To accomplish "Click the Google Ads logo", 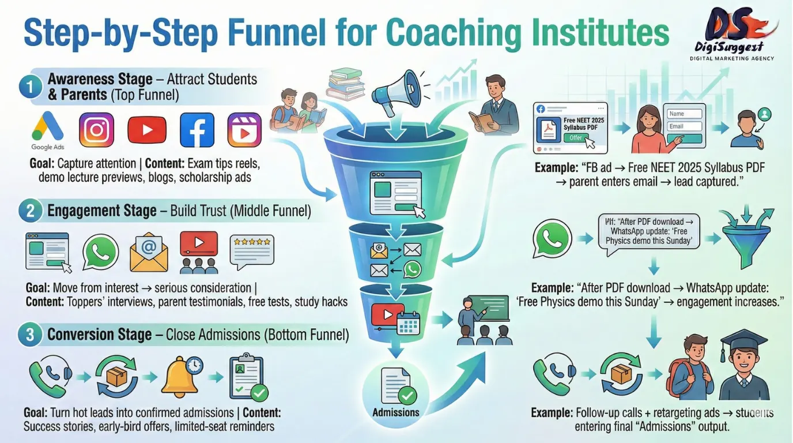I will pyautogui.click(x=48, y=130).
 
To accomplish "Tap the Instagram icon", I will pyautogui.click(x=96, y=130).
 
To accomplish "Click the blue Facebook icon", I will pyautogui.click(x=197, y=130).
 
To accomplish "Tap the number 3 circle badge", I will pyautogui.click(x=28, y=335).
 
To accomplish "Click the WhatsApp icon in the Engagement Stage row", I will pyautogui.click(x=100, y=252).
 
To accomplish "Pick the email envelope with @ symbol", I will pyautogui.click(x=149, y=253).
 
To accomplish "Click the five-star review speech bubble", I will pyautogui.click(x=252, y=250).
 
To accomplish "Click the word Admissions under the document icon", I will pyautogui.click(x=396, y=412).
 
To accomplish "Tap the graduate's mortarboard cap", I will pyautogui.click(x=744, y=341).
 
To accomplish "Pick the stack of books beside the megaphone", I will pyautogui.click(x=345, y=84).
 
